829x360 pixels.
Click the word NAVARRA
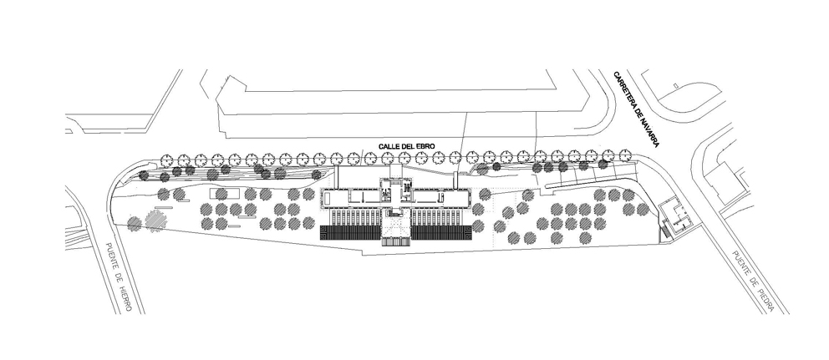tap(647, 133)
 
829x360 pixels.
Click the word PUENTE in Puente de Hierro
tap(110, 258)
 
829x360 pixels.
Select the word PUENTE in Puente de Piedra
tap(742, 266)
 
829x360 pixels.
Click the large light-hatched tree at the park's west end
tap(156, 220)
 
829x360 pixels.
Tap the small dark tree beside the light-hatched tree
tap(135, 223)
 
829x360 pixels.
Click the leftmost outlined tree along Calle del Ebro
tap(166, 160)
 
